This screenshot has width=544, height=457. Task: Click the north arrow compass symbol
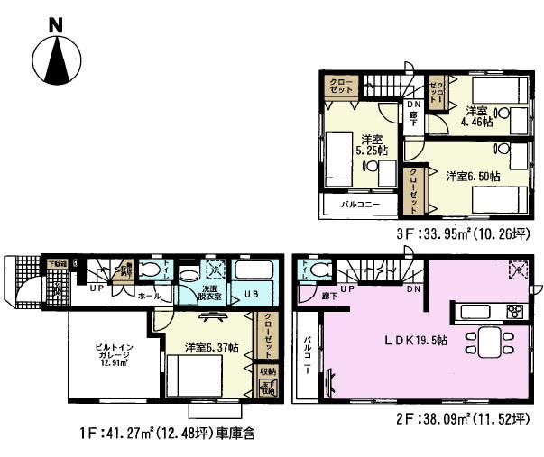(56, 60)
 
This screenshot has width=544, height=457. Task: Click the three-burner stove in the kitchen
(513, 313)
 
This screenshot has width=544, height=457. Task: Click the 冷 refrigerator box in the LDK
(518, 268)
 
